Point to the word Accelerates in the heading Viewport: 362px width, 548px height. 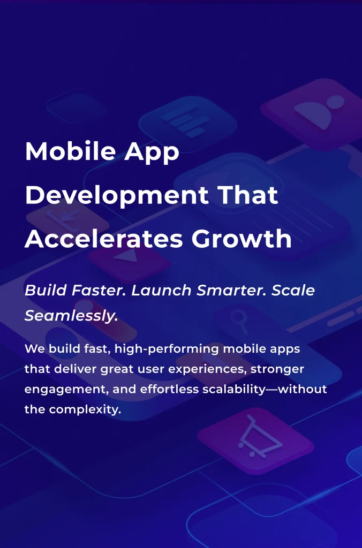click(101, 239)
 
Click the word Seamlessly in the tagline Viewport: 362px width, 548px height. click(71, 316)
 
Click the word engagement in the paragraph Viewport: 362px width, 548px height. click(65, 390)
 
